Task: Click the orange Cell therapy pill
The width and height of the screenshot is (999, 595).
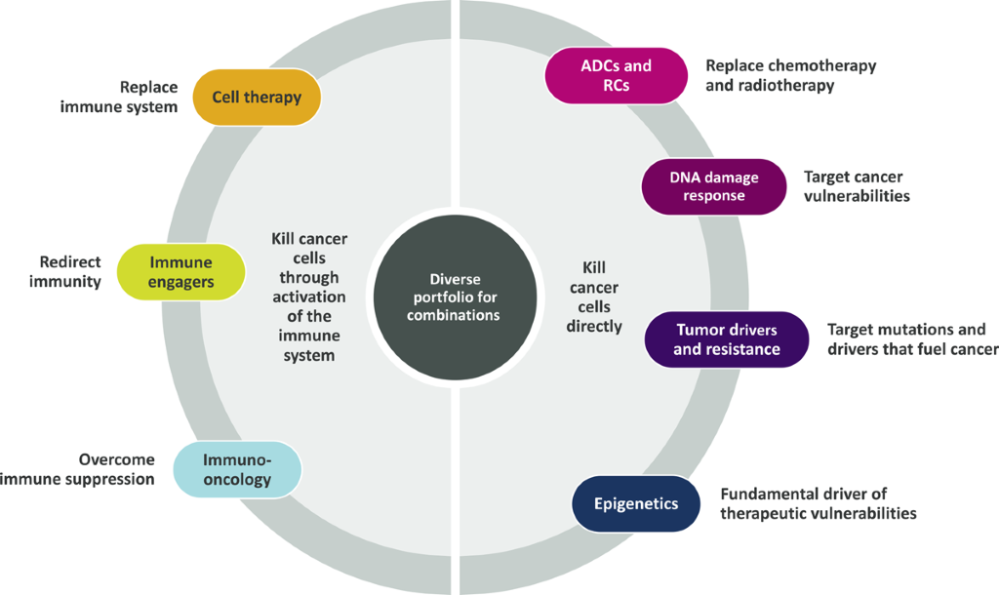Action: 257,97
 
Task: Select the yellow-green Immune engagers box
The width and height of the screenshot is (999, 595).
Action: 180,271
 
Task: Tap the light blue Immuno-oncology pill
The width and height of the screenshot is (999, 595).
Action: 236,469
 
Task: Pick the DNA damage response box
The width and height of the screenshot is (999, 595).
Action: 713,186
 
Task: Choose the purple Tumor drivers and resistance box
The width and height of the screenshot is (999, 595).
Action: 727,339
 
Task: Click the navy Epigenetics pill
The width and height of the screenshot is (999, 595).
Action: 635,503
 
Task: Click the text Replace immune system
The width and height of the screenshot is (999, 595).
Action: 120,97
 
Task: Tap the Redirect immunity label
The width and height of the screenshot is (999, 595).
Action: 70,271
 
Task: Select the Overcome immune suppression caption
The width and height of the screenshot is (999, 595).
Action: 77,469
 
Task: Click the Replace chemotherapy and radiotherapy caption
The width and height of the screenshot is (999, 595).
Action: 790,75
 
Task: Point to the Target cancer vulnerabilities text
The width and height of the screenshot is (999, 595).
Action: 857,186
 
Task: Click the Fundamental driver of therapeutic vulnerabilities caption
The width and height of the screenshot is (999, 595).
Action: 818,503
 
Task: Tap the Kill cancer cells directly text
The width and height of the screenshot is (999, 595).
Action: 594,297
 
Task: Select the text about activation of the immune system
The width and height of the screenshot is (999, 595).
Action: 308,297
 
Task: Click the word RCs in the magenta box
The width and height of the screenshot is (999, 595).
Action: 616,85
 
